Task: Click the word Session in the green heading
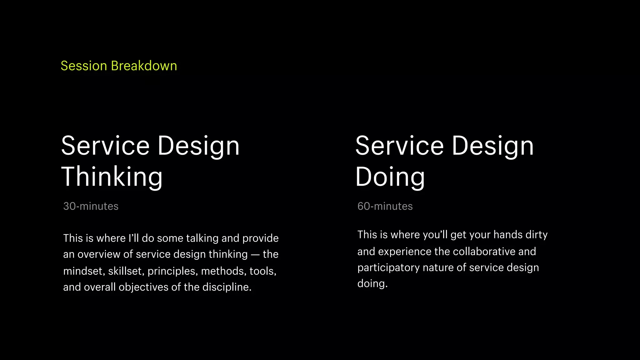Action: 84,66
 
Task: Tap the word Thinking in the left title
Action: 112,177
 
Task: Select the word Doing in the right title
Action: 390,177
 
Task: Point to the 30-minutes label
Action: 91,206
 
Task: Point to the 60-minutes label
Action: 385,206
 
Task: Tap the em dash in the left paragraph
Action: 255,255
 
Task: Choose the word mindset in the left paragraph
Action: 84,271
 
